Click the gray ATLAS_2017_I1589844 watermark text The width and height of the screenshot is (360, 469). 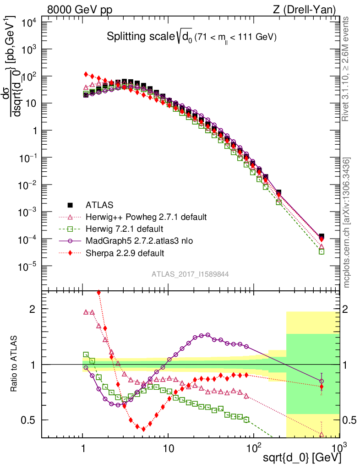pyautogui.click(x=190, y=274)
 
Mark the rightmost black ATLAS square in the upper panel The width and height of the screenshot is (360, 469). pyautogui.click(x=322, y=236)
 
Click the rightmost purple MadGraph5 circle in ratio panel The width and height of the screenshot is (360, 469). pyautogui.click(x=322, y=381)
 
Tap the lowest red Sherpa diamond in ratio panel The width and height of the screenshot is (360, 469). pyautogui.click(x=143, y=429)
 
